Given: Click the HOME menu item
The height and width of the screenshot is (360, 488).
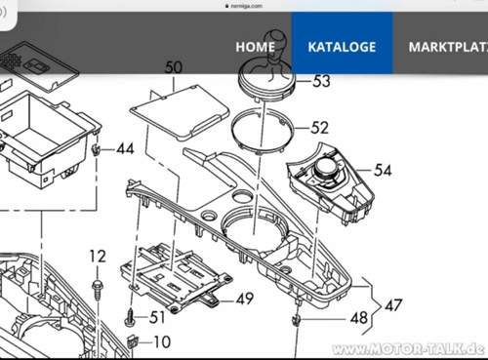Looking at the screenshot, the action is coord(255,47).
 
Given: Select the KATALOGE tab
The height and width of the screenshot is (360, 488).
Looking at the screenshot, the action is coord(342,47).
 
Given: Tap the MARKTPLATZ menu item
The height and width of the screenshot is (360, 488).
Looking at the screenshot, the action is coord(448,47).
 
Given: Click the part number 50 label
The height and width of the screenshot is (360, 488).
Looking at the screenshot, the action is coord(174,67).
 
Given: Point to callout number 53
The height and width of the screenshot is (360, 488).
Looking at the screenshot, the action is coord(321,81).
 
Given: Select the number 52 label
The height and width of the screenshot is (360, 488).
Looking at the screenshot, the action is coord(319,128).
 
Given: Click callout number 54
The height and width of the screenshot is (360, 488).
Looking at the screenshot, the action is coord(383,170).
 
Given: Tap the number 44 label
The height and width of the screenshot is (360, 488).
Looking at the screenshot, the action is coord(125,149).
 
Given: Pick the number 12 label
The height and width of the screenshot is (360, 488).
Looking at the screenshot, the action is coord(98,257).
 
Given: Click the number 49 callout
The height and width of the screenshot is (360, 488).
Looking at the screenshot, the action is coord(245,299).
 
